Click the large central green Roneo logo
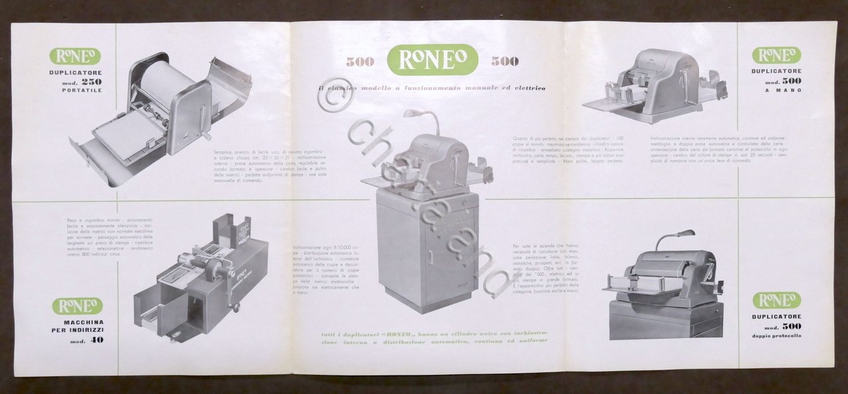[433, 60]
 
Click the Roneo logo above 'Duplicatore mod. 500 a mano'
[776, 55]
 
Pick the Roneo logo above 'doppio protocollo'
[776, 300]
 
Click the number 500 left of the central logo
[360, 62]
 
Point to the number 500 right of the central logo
[505, 62]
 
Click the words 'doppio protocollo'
[776, 336]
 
